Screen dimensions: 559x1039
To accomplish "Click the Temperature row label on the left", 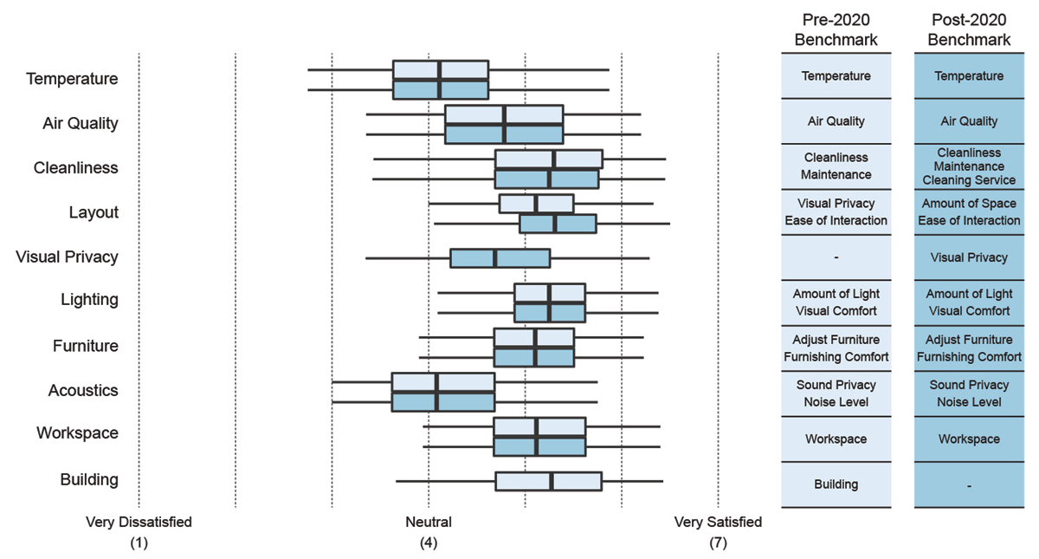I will click(x=72, y=79).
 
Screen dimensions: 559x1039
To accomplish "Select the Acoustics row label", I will click(x=83, y=391).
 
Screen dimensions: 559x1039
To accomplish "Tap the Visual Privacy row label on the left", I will click(x=67, y=257).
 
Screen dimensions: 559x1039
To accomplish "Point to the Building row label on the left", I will click(x=89, y=480).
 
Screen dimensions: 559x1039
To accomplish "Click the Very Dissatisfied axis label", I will click(x=139, y=523).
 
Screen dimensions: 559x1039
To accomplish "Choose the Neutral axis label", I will click(x=429, y=523).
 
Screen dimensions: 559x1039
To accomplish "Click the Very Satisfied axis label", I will click(x=718, y=523).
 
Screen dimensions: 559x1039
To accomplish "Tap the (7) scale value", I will click(x=718, y=544).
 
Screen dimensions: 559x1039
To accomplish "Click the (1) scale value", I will click(x=139, y=544).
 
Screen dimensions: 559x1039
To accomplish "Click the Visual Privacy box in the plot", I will click(x=500, y=258).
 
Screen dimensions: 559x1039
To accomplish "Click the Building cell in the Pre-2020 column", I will click(x=836, y=484).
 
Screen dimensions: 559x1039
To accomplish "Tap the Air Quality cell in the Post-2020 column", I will click(x=969, y=122).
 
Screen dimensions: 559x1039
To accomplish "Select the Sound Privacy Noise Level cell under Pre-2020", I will click(x=836, y=393).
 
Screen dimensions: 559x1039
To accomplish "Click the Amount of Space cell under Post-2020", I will click(x=969, y=204).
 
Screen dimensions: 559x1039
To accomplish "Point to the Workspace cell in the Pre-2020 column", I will click(x=836, y=439).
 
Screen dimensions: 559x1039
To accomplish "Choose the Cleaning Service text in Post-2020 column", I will click(x=969, y=180).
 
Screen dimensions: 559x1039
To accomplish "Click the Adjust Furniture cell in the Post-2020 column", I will click(x=969, y=340).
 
